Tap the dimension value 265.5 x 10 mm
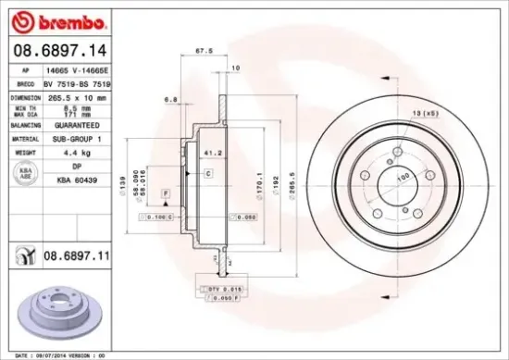[x=79, y=95]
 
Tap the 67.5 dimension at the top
[x=198, y=52]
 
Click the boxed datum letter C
[x=208, y=174]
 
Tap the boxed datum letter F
[x=165, y=192]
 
